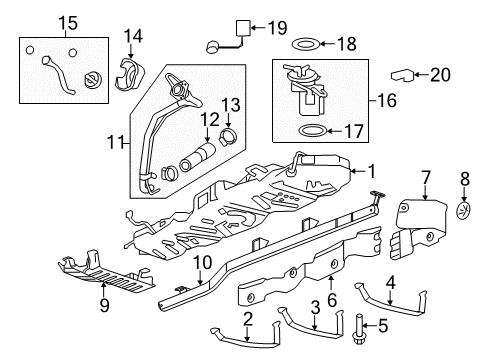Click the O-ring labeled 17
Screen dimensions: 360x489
312,130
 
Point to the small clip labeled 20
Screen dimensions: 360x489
400,75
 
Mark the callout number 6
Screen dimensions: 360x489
332,297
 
